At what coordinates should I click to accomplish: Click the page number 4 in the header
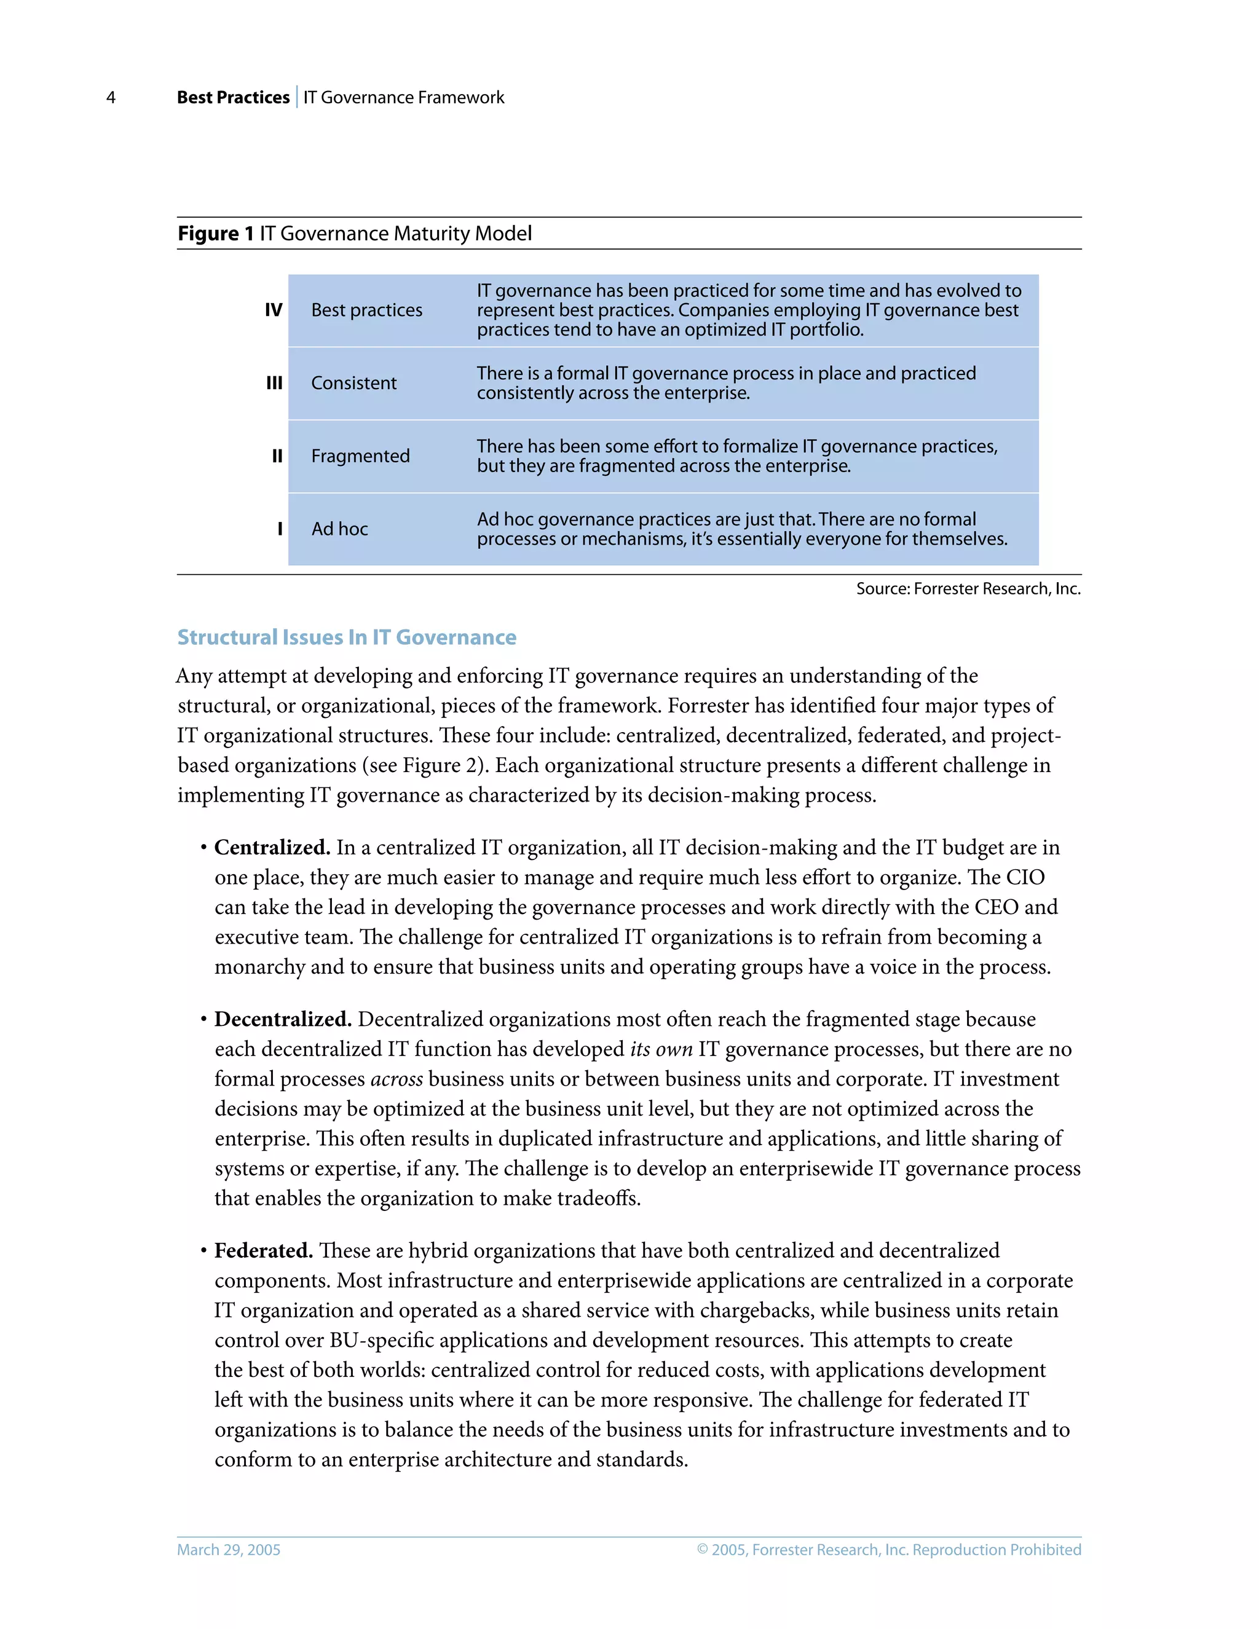pos(111,98)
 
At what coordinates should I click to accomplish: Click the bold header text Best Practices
pos(233,98)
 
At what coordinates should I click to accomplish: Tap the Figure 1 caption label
pos(216,234)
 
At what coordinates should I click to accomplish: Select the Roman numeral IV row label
pos(274,310)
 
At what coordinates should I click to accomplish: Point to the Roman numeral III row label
pos(274,384)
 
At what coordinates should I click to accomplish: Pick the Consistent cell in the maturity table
pos(353,384)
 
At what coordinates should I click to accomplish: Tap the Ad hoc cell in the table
pos(339,529)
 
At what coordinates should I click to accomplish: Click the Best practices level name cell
pos(366,310)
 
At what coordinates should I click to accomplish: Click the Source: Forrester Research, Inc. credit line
pos(968,590)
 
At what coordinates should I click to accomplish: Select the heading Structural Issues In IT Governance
pos(346,637)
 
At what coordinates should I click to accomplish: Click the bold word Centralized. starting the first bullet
pos(272,848)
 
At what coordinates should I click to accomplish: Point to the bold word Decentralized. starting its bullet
pos(283,1020)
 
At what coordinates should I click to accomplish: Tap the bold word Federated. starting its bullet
pos(263,1251)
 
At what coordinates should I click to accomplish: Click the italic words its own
pos(661,1049)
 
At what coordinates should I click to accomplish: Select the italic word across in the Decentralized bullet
pos(396,1079)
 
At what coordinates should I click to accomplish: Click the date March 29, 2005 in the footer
pos(228,1550)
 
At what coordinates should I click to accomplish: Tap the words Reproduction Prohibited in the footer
pos(997,1550)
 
